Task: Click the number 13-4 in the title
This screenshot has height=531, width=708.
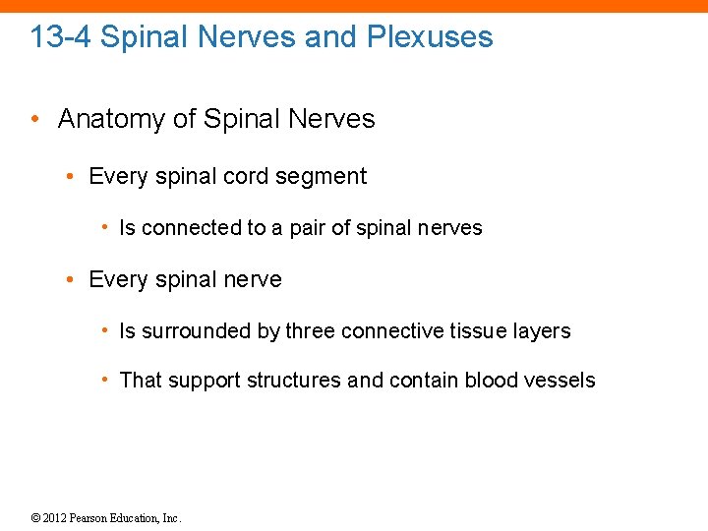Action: point(61,37)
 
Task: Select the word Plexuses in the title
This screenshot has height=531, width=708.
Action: point(430,37)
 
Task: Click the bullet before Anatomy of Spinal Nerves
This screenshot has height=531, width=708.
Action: point(34,120)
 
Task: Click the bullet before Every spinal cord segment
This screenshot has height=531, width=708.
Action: point(72,177)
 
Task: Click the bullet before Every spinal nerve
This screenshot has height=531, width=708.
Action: point(72,280)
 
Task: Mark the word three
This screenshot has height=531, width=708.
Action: point(311,331)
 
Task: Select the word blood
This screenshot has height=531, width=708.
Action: point(492,381)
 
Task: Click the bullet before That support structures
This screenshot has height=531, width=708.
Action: point(104,380)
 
